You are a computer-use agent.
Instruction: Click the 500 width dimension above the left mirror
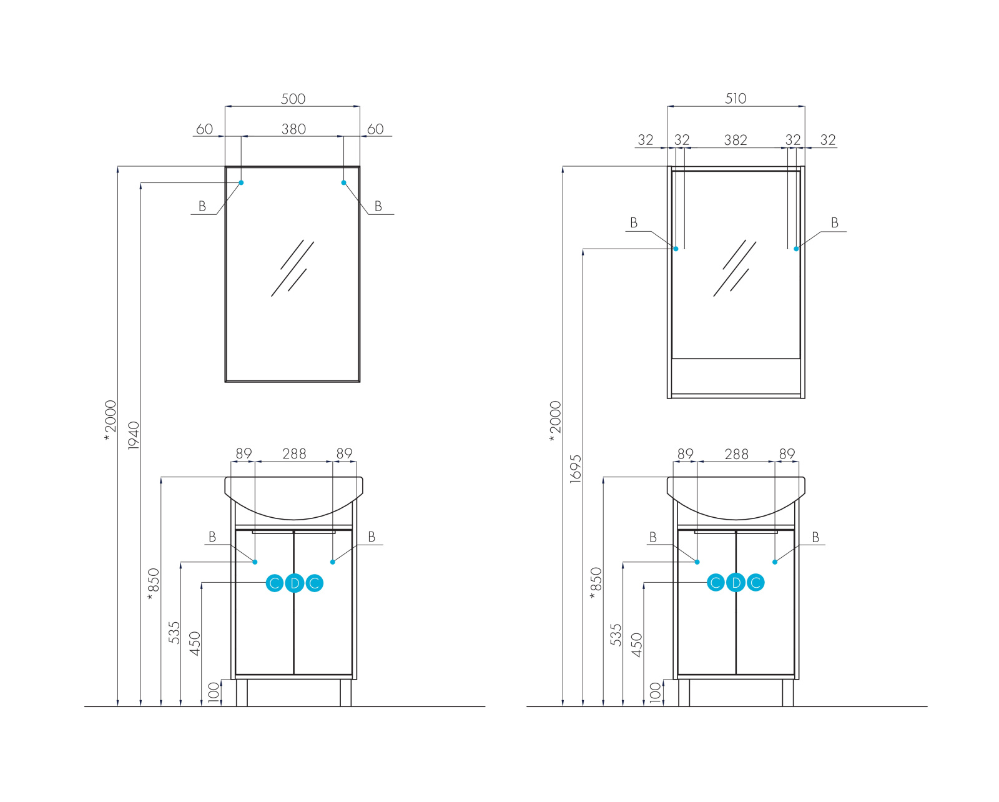(x=293, y=99)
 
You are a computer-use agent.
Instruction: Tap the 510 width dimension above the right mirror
(x=736, y=99)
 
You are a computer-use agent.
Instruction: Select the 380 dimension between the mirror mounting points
(x=293, y=129)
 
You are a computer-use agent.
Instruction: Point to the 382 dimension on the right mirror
(x=736, y=141)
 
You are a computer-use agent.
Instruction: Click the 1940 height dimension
(x=134, y=435)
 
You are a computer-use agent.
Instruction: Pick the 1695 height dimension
(x=576, y=468)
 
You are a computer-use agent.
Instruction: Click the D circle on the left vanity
(x=294, y=583)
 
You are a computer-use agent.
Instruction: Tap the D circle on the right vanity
(x=736, y=582)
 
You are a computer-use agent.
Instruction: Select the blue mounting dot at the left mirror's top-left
(x=241, y=182)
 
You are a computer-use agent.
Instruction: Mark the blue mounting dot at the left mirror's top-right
(x=343, y=182)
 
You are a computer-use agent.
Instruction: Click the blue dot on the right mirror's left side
(x=676, y=249)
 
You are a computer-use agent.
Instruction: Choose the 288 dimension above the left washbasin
(x=294, y=453)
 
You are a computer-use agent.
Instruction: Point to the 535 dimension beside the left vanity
(x=174, y=633)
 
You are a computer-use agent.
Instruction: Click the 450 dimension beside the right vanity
(x=637, y=645)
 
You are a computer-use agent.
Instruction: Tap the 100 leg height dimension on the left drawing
(x=214, y=693)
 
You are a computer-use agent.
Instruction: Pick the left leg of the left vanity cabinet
(x=242, y=693)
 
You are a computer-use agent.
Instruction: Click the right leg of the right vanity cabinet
(x=788, y=693)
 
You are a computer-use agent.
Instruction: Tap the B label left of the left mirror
(x=202, y=206)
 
